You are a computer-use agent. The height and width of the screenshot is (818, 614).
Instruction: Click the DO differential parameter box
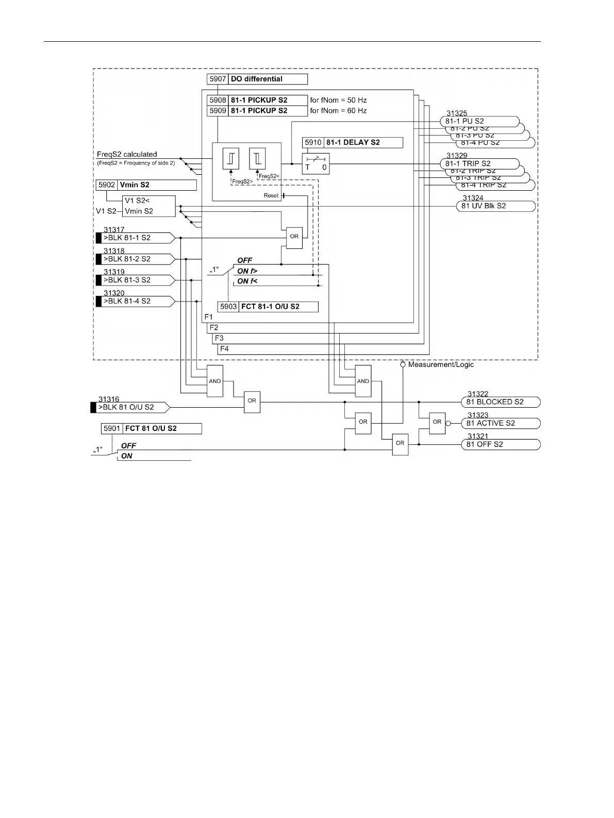(257, 79)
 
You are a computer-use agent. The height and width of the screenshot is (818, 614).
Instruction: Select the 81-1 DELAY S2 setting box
(353, 143)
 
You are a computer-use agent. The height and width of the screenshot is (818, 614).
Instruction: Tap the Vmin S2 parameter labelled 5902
(146, 185)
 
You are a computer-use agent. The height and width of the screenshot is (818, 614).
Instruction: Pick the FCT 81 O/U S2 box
(151, 429)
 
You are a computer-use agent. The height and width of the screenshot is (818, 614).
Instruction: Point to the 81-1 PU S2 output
(479, 122)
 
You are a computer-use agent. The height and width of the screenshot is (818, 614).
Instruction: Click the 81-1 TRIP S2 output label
(479, 164)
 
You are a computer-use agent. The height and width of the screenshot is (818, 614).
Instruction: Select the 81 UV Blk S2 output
(495, 206)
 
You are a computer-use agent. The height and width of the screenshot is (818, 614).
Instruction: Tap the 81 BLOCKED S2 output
(500, 402)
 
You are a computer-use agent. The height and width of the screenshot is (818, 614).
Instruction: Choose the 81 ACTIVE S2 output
(500, 423)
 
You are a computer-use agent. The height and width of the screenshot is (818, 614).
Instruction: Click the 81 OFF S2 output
(500, 444)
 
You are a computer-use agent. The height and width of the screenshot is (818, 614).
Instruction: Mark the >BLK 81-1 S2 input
(135, 238)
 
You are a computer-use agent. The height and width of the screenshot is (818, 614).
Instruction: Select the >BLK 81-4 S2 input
(135, 301)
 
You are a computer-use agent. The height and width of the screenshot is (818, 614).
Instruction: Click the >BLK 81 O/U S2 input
(130, 407)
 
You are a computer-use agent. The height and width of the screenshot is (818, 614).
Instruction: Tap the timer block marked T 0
(316, 163)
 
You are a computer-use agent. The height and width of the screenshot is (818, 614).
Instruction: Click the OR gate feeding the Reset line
(294, 237)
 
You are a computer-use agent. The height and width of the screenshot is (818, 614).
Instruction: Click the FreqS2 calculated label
(127, 154)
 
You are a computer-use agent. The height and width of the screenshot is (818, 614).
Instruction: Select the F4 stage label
(224, 349)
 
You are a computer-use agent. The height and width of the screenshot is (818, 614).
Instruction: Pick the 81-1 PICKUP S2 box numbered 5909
(257, 111)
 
